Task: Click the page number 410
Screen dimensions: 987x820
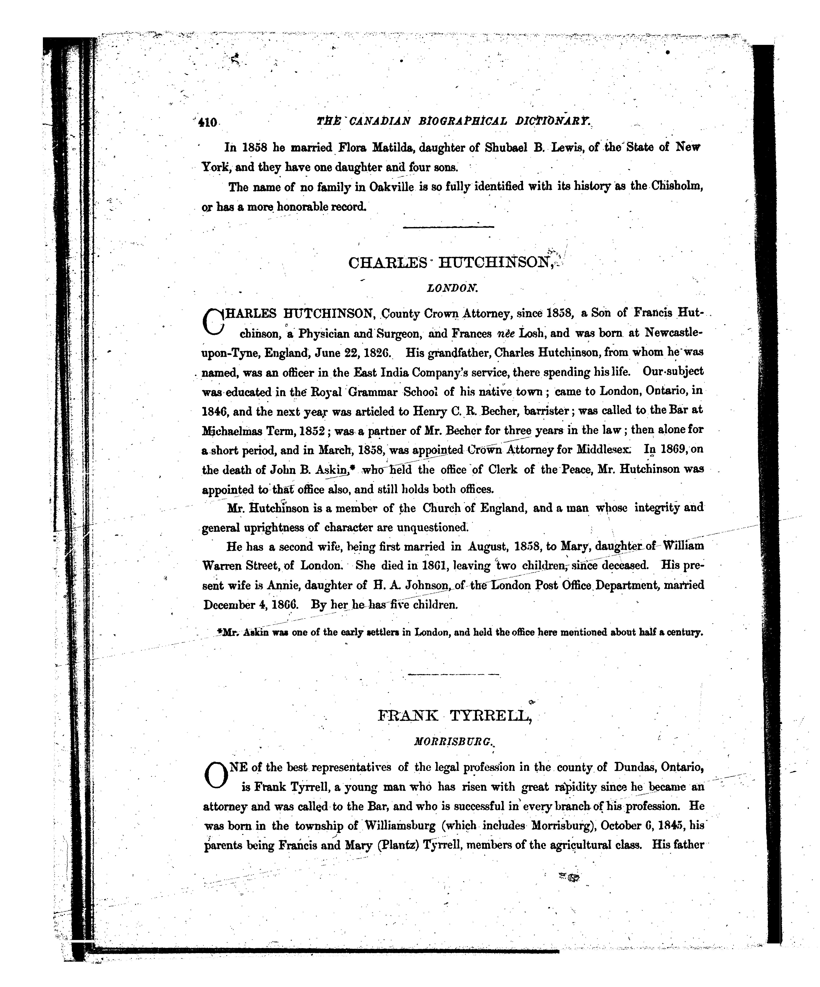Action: (207, 123)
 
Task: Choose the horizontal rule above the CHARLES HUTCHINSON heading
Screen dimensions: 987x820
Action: (449, 227)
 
